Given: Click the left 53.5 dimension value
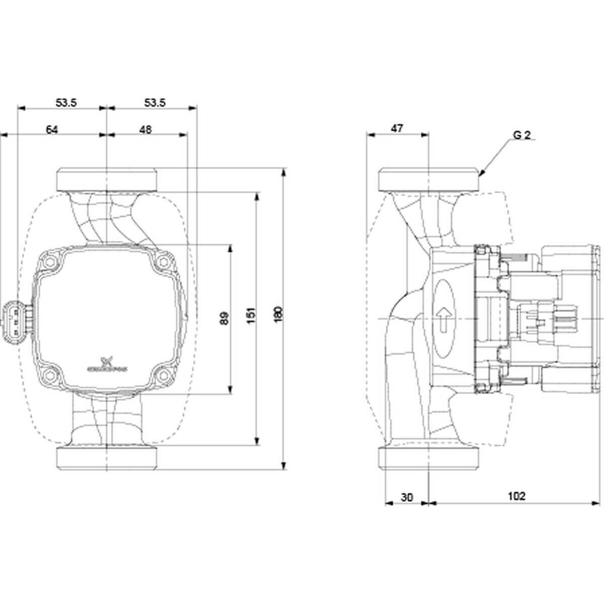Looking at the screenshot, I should [x=66, y=103].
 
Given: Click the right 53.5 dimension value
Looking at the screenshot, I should [x=155, y=103].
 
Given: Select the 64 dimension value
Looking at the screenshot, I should [x=52, y=129].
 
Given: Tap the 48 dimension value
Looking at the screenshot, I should [x=145, y=129].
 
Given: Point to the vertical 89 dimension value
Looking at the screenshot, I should [x=225, y=318].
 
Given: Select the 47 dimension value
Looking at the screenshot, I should [x=397, y=129].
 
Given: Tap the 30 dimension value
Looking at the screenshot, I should [x=407, y=497].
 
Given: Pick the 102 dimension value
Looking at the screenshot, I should [x=516, y=496].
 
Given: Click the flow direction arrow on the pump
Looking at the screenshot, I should [x=444, y=320].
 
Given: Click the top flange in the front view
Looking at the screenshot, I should [x=108, y=179].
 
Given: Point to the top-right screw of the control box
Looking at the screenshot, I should [x=163, y=262].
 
